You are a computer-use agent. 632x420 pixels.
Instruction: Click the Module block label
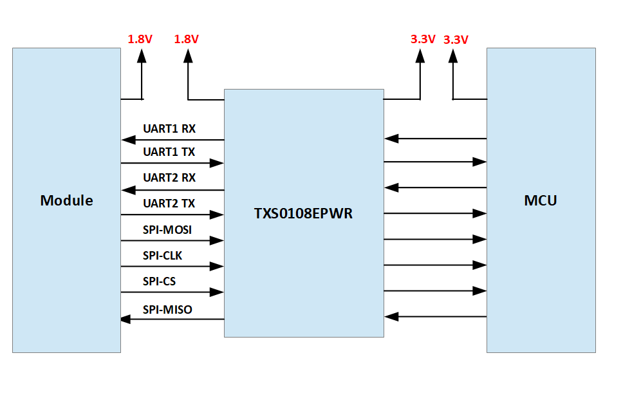tap(66, 200)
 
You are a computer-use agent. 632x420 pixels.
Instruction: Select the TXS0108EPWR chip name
tap(303, 213)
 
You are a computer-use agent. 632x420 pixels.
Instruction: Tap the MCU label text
tap(540, 200)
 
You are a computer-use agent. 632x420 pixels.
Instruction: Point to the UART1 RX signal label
tap(169, 129)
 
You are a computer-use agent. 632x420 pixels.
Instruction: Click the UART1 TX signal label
tap(169, 153)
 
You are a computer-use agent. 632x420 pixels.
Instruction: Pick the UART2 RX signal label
tap(169, 178)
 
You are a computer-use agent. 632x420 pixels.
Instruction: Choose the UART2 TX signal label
tap(169, 204)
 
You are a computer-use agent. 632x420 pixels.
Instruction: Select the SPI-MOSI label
tap(167, 229)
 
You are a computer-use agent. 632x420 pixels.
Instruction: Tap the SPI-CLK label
tap(162, 256)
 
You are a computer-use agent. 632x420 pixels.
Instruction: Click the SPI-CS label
tap(159, 282)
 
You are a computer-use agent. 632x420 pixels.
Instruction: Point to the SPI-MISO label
tap(167, 310)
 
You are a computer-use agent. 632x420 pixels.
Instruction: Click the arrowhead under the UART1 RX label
tap(128, 140)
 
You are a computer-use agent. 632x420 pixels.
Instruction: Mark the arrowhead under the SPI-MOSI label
tap(217, 241)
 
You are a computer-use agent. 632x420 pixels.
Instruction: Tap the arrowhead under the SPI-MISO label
tap(128, 319)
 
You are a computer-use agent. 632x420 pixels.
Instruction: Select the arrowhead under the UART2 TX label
tap(217, 215)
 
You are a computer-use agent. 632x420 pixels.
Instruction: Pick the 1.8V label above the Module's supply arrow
tap(140, 39)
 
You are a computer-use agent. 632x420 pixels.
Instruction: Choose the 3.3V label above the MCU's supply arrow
tap(456, 40)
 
